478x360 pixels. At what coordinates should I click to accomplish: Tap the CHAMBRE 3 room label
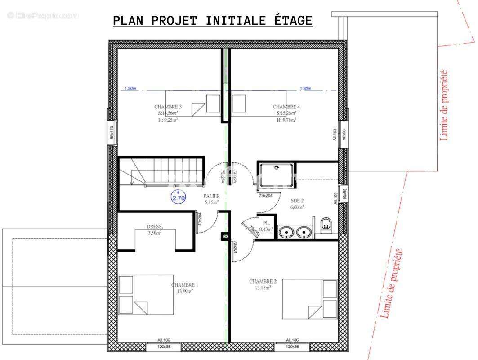tap(168, 107)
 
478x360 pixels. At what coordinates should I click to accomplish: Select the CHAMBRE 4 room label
tap(286, 107)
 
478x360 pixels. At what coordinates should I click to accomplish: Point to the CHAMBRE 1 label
tap(184, 285)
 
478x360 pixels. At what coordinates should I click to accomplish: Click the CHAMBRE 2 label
tap(263, 282)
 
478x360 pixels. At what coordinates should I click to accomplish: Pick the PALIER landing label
tap(211, 196)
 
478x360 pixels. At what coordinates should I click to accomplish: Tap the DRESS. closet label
tap(155, 226)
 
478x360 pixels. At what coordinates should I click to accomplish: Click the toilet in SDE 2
tap(326, 224)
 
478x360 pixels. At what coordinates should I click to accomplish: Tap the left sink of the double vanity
tap(286, 232)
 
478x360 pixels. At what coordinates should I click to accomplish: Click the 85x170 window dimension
tap(112, 133)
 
